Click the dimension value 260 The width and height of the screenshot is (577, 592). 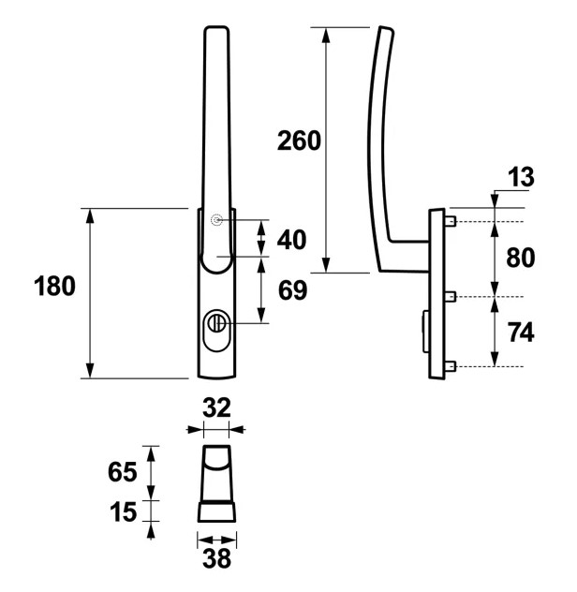[299, 141]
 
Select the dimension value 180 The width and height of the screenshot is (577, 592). [55, 286]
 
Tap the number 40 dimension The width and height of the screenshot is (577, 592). [291, 240]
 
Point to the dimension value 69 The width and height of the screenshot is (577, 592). [292, 290]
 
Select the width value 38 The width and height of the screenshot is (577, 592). [216, 559]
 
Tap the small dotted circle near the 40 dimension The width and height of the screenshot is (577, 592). [217, 220]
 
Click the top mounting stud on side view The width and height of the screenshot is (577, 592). [451, 222]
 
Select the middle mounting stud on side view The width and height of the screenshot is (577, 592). [451, 297]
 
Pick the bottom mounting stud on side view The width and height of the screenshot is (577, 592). [451, 366]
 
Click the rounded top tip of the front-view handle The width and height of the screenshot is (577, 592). [215, 32]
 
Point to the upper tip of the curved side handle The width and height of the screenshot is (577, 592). [381, 32]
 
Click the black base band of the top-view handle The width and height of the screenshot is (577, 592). [216, 512]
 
